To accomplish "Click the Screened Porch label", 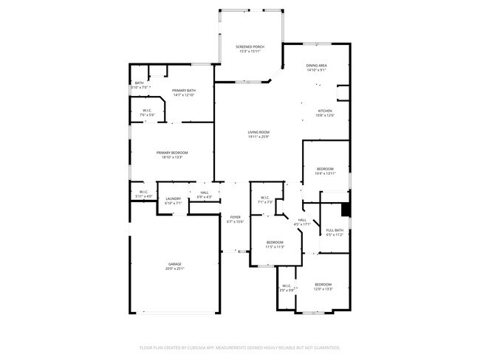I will pyautogui.click(x=250, y=46).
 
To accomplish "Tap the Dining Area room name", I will pyautogui.click(x=317, y=66).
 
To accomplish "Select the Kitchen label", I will pyautogui.click(x=325, y=111).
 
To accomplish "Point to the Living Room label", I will pyautogui.click(x=258, y=132).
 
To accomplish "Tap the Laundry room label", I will pyautogui.click(x=174, y=198).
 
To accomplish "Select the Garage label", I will pyautogui.click(x=174, y=264).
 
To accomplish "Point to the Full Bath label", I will pyautogui.click(x=335, y=230).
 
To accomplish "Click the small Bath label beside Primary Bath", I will pyautogui.click(x=139, y=83).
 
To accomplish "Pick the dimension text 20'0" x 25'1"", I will pyautogui.click(x=174, y=269).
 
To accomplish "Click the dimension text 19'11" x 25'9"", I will pyautogui.click(x=258, y=136).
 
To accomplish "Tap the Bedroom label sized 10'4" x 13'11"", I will pyautogui.click(x=325, y=169).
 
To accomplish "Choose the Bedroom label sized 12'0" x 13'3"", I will pyautogui.click(x=323, y=284).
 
